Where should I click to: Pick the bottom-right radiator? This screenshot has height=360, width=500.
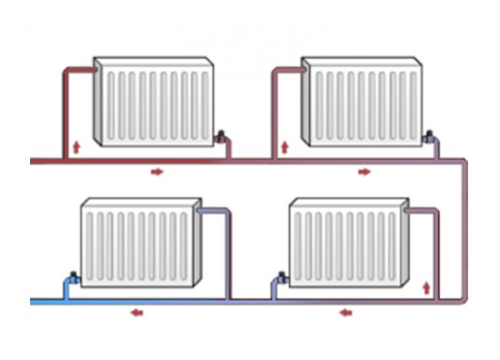coord(348,244)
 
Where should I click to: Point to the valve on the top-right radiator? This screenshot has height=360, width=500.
coord(428,137)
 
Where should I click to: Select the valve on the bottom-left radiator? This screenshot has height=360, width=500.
coord(72,277)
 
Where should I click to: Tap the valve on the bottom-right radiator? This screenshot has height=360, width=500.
coord(280,278)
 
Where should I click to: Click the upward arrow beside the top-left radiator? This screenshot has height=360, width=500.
coord(75,145)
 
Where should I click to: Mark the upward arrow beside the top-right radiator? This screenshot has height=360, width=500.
coord(284,145)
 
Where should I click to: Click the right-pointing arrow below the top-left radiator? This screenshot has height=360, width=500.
coord(157,172)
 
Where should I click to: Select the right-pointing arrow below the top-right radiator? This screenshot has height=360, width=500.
coord(364,172)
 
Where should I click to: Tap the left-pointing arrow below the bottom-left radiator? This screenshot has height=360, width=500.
coord(136,312)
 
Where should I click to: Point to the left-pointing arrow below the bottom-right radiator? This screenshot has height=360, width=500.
coord(345,312)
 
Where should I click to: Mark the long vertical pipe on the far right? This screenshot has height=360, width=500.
coord(465,231)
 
